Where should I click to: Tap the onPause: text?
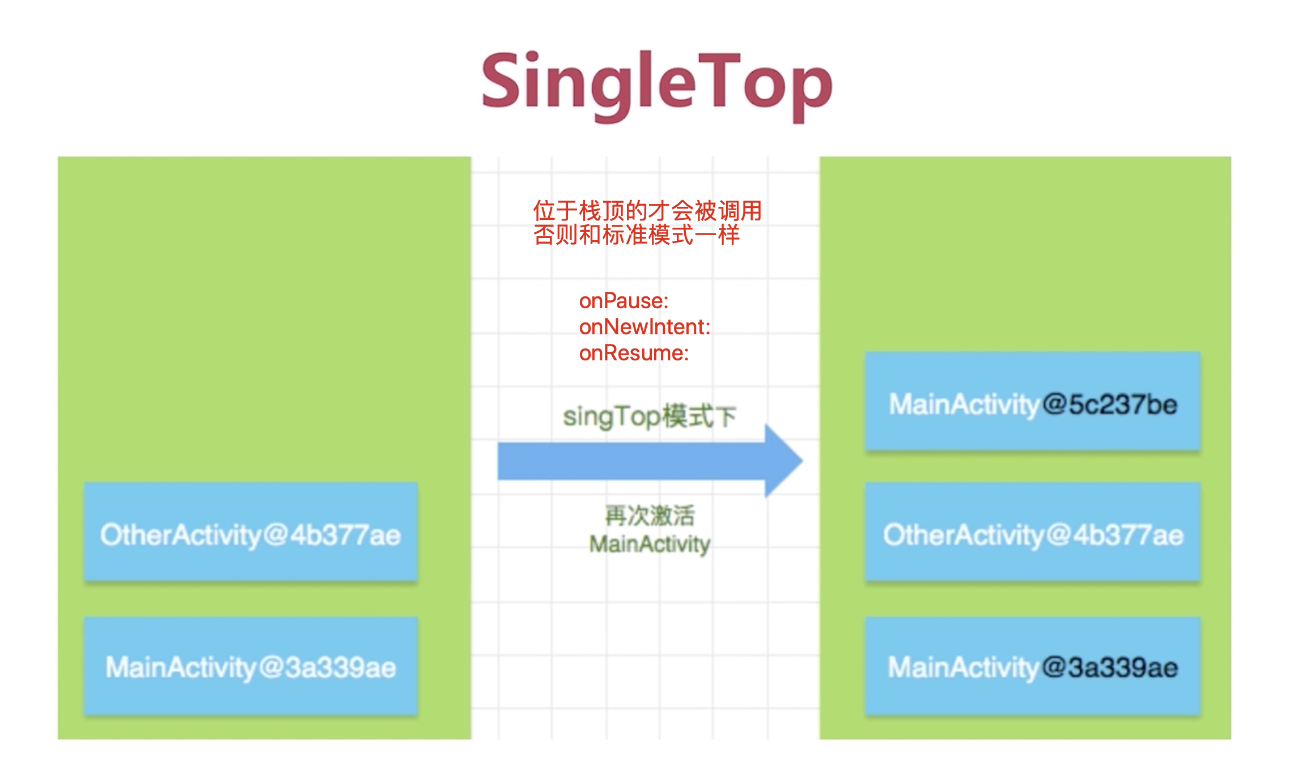pos(624,301)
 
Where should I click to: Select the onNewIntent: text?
pos(644,327)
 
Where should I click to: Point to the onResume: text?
pos(634,353)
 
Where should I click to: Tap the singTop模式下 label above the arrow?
pos(650,416)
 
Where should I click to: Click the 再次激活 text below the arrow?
pos(650,516)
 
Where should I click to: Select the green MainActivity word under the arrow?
pos(650,545)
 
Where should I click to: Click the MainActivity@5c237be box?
pos(1032,402)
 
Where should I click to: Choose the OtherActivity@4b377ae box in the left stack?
pos(251,532)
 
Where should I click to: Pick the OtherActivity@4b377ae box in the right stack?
pos(1032,532)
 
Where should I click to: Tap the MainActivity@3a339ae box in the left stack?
pos(251,666)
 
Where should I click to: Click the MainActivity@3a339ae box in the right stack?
pos(1032,666)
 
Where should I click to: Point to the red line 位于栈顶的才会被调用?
pos(647,211)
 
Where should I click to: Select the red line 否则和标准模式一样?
pos(636,235)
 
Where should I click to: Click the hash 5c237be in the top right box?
pos(1123,405)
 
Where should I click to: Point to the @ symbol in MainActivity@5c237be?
pos(1054,405)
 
